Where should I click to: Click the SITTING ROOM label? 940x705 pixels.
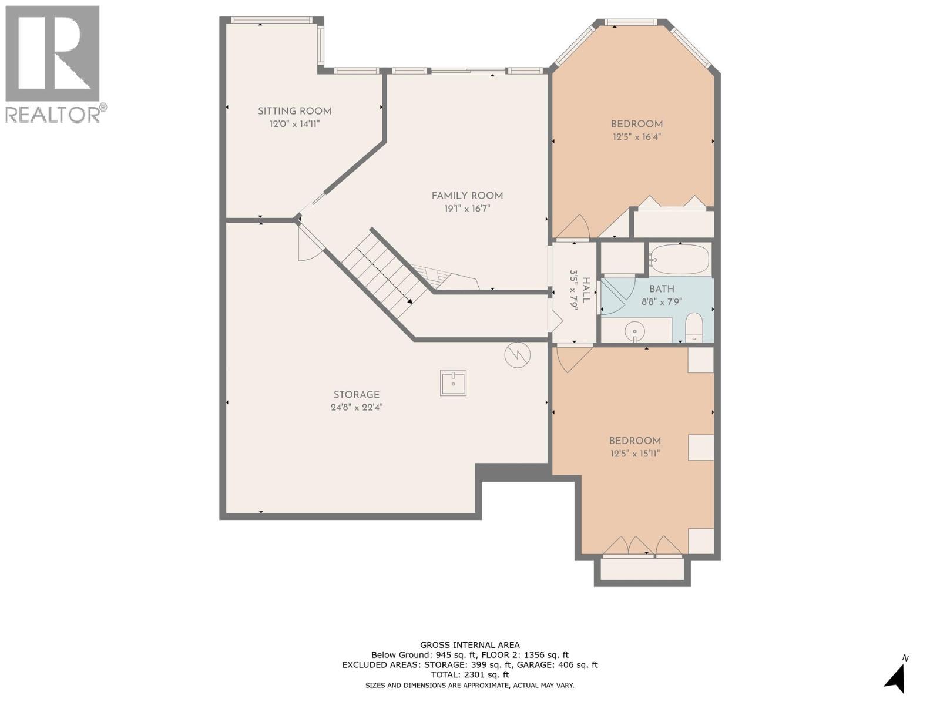point(294,111)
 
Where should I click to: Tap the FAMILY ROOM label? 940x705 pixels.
point(467,196)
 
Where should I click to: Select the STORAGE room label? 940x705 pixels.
point(356,395)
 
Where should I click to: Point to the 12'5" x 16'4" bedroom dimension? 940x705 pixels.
point(636,137)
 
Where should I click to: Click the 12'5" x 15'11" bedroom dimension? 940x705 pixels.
point(634,453)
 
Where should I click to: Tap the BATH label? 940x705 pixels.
point(662,289)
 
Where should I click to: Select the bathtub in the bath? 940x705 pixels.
point(679,260)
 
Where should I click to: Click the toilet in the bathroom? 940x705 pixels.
point(694,327)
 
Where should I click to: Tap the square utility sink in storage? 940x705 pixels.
point(453,383)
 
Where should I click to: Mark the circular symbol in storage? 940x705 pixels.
point(518,354)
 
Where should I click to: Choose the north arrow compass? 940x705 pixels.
point(897,679)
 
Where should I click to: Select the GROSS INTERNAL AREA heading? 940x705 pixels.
point(469,645)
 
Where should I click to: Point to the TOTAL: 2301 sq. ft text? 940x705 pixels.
point(469,675)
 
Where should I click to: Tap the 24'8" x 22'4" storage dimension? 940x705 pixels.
point(356,407)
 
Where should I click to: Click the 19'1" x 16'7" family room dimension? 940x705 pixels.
point(467,208)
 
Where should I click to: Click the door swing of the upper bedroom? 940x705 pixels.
point(575,228)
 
